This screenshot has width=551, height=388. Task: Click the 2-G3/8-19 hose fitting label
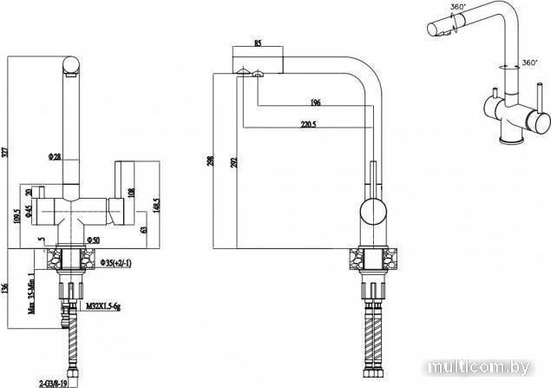point(56,379)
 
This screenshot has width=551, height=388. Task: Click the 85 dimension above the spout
point(258,43)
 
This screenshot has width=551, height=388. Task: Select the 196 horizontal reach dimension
point(315,103)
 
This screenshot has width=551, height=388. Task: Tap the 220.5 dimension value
point(308,125)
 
